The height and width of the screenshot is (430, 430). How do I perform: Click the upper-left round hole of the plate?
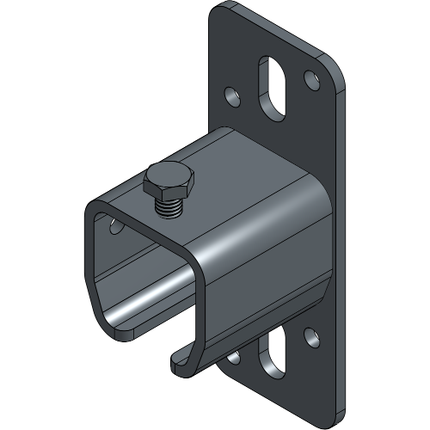tap(230, 93)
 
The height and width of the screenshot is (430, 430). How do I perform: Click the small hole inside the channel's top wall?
tap(114, 224)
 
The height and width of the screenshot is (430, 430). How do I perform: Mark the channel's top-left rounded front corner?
tap(95, 209)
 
